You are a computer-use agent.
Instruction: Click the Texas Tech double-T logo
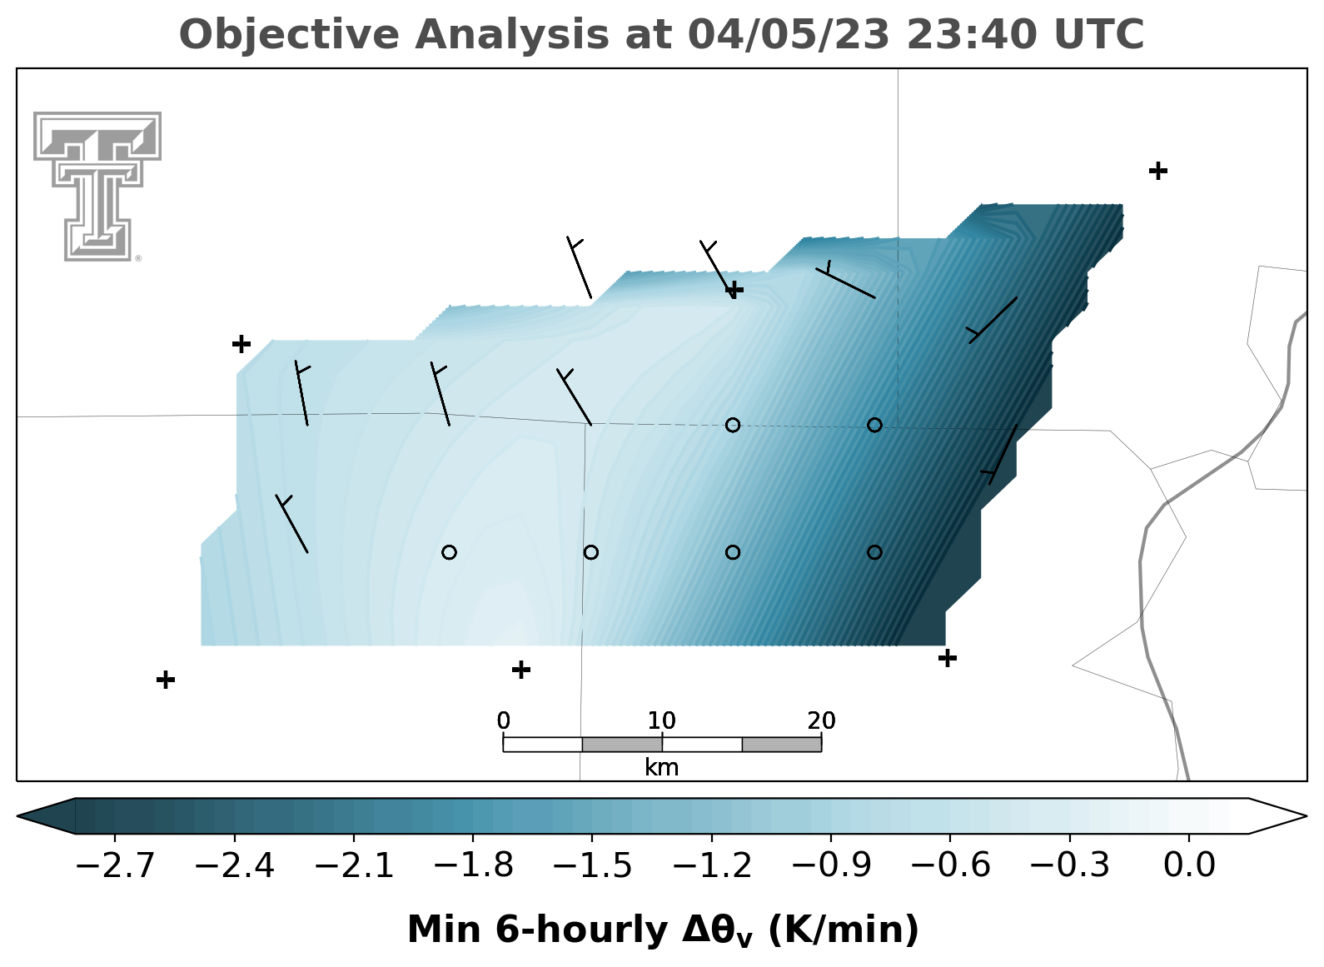pyautogui.click(x=97, y=187)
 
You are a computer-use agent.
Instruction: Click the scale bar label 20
pyautogui.click(x=822, y=721)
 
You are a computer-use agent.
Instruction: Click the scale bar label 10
pyautogui.click(x=661, y=721)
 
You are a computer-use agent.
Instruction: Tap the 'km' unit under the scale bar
pyautogui.click(x=661, y=768)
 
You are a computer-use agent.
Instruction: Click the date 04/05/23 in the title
pyautogui.click(x=789, y=34)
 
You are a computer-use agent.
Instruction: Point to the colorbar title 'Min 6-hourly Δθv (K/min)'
pyautogui.click(x=663, y=930)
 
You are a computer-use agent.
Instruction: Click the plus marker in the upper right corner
pyautogui.click(x=1158, y=172)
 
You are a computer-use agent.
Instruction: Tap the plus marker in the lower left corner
pyautogui.click(x=166, y=680)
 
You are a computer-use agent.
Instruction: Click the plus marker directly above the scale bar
pyautogui.click(x=520, y=670)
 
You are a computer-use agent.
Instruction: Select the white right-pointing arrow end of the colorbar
pyautogui.click(x=1277, y=816)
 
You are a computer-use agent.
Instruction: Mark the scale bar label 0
pyautogui.click(x=503, y=721)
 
